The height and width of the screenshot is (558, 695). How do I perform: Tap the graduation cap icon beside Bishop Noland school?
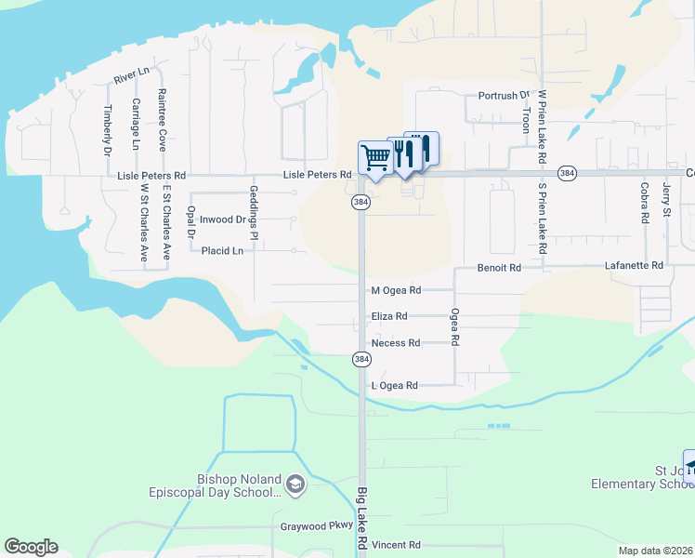295,485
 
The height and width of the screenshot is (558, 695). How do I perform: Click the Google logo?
31,547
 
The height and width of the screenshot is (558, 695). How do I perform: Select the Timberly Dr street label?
107,128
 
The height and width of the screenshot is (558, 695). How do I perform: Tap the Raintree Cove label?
162,120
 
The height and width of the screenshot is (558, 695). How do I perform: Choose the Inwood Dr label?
221,220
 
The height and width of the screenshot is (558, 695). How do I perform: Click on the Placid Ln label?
222,251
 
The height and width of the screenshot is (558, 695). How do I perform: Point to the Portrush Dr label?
503,96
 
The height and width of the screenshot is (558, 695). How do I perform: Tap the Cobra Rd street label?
643,205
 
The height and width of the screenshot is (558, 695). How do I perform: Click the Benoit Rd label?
499,267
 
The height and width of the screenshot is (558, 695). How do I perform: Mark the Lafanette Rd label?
634,266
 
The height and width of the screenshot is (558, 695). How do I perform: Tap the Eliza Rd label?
389,316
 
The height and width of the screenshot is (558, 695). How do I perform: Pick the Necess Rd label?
396,343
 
